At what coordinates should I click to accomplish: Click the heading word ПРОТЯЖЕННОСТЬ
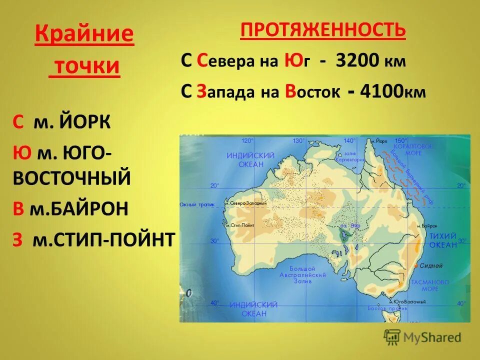pos(322,31)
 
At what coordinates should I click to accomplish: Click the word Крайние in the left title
pos(84,35)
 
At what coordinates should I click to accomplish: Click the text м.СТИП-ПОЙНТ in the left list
pos(103,239)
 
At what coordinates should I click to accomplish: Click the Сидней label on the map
pos(431,265)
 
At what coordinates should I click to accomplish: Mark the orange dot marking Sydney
pos(417,265)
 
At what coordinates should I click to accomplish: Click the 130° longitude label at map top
pos(298,140)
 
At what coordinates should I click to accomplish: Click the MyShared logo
pos(422,337)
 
